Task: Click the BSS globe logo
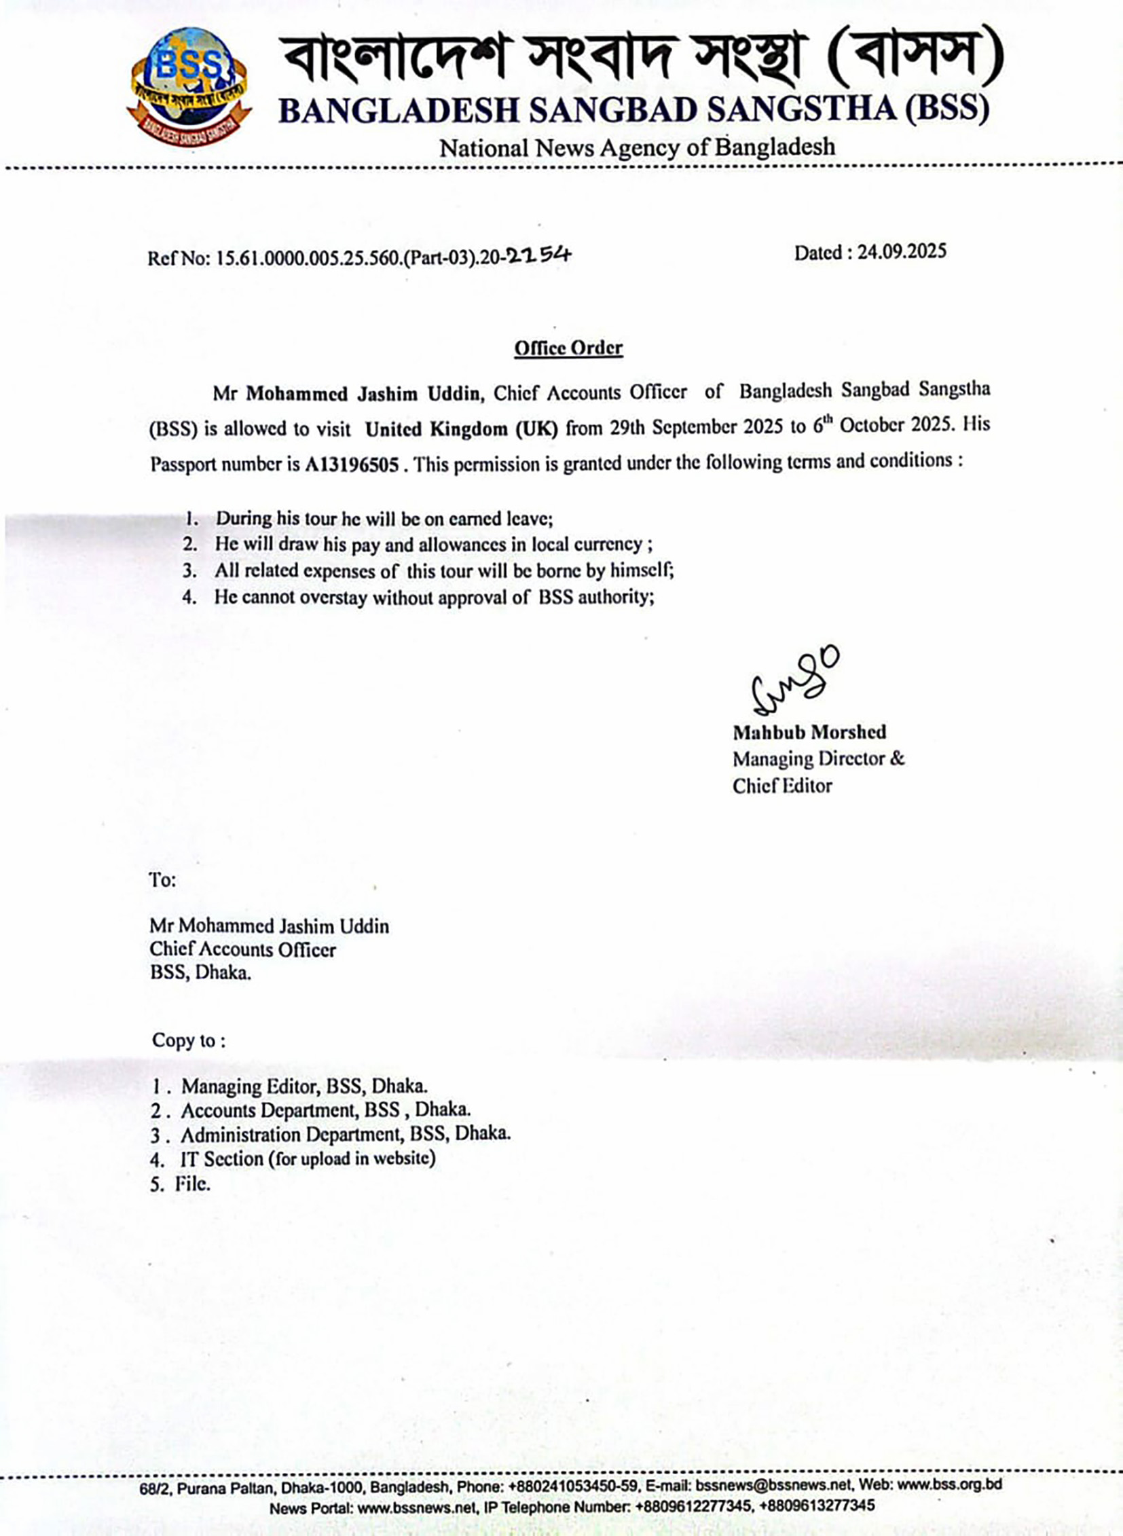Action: pyautogui.click(x=189, y=86)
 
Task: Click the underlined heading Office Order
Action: pyautogui.click(x=568, y=348)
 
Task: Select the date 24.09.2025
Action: pyautogui.click(x=901, y=252)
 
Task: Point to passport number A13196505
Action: pyautogui.click(x=352, y=464)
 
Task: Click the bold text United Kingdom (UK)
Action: pyautogui.click(x=461, y=429)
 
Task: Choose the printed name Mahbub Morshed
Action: pyautogui.click(x=809, y=732)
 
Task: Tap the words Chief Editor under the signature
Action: pyautogui.click(x=781, y=786)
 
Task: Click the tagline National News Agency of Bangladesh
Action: pyautogui.click(x=637, y=147)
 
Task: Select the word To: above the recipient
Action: pyautogui.click(x=162, y=880)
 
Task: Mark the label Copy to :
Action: pyautogui.click(x=188, y=1040)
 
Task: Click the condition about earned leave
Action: pyautogui.click(x=384, y=519)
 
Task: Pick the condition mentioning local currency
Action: pyautogui.click(x=434, y=545)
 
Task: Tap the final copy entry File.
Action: pyautogui.click(x=192, y=1184)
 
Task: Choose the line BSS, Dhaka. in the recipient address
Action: pyautogui.click(x=200, y=972)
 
